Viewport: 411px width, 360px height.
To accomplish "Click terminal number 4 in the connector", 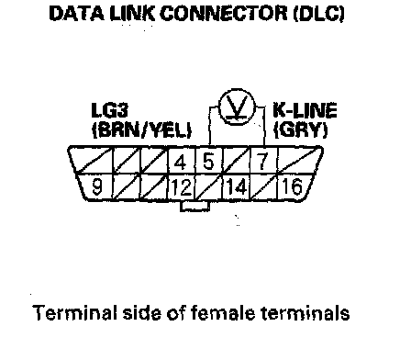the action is (180, 163).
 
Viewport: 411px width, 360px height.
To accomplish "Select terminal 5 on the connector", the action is (208, 162).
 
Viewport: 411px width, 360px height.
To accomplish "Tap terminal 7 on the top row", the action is (262, 162).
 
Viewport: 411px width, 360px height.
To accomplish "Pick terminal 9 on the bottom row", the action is (97, 186).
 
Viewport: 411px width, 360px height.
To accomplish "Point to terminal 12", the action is (182, 187).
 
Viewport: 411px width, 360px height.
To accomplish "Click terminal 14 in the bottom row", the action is (236, 186).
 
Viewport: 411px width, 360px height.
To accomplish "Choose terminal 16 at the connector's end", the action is (292, 186).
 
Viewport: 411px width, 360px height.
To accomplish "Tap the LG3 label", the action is (110, 110).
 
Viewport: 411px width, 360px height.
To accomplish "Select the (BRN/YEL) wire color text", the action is (142, 130).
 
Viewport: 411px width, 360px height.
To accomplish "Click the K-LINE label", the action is (305, 110).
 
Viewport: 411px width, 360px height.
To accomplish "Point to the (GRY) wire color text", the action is (301, 130).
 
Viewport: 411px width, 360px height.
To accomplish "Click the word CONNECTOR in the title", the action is (224, 14).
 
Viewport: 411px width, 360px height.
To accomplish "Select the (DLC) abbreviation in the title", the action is (319, 14).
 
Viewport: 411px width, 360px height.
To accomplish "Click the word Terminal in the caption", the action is (75, 313).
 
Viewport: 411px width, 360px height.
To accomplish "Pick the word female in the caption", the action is (223, 313).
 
